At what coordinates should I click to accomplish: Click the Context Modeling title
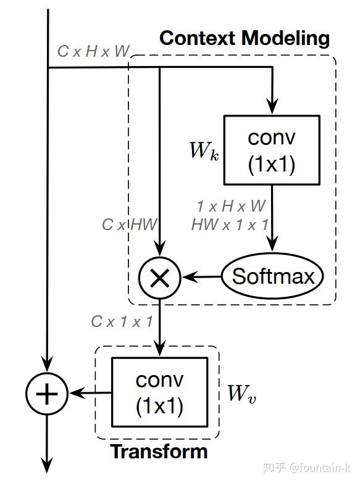(245, 38)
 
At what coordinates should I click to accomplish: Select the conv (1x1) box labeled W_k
(271, 150)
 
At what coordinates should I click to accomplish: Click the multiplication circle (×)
(159, 278)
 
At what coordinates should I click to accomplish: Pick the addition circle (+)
(46, 393)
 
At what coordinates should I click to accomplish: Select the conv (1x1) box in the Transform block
(159, 392)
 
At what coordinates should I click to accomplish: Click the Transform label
(159, 452)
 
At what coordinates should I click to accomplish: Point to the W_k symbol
(204, 151)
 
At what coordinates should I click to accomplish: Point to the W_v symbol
(241, 393)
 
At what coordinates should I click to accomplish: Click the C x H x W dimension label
(93, 51)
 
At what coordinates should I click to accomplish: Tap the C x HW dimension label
(130, 225)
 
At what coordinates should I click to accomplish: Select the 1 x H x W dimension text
(231, 205)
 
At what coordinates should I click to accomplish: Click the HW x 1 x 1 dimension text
(230, 225)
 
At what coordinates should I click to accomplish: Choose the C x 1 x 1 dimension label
(122, 321)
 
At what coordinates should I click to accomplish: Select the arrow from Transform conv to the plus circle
(90, 392)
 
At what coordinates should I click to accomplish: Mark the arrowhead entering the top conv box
(271, 109)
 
